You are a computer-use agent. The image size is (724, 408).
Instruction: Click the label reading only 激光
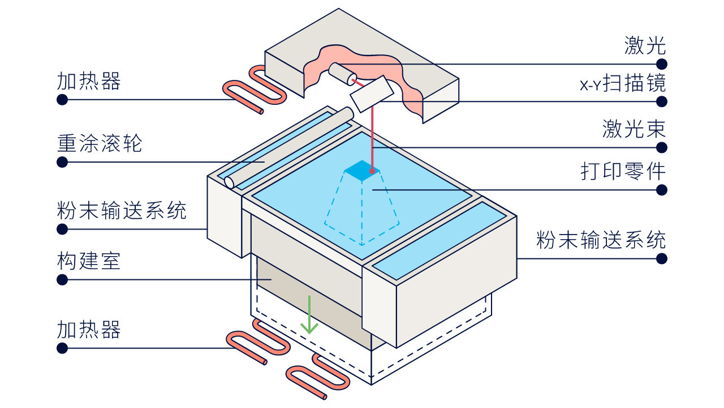(x=645, y=45)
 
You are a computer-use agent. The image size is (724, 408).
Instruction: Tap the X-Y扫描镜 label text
(x=623, y=83)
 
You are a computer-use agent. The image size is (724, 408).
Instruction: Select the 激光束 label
(x=634, y=129)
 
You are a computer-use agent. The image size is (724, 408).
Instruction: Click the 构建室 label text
(x=89, y=261)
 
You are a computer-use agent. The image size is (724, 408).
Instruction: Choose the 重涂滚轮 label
(x=100, y=143)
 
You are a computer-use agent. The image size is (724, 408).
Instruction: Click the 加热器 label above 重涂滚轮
(x=89, y=80)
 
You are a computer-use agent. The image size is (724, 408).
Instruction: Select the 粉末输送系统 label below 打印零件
(x=601, y=240)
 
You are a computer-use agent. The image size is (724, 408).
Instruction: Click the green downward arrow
(x=309, y=314)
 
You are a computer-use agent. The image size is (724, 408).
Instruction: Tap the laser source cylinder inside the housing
(x=343, y=74)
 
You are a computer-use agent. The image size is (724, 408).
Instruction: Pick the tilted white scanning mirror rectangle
(x=372, y=94)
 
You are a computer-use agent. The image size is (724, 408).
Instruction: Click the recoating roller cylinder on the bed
(x=288, y=148)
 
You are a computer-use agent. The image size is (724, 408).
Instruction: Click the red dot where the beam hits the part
(x=372, y=171)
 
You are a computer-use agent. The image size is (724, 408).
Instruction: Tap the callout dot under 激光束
(x=662, y=148)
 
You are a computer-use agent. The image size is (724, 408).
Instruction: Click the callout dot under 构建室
(x=62, y=280)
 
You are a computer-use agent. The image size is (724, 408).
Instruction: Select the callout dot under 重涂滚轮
(x=62, y=162)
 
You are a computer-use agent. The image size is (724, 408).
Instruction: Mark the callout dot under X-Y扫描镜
(x=662, y=101)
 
